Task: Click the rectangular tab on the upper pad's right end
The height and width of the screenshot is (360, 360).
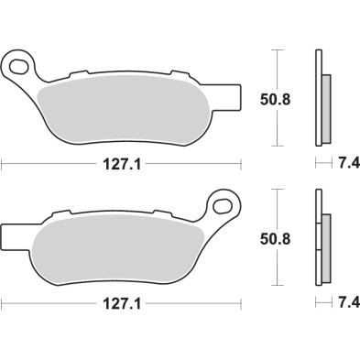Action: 230,94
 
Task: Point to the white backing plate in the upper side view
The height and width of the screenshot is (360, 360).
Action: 318,96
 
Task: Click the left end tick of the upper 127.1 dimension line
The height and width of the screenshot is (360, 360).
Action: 3,166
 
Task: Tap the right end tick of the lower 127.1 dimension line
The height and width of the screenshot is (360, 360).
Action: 240,301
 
